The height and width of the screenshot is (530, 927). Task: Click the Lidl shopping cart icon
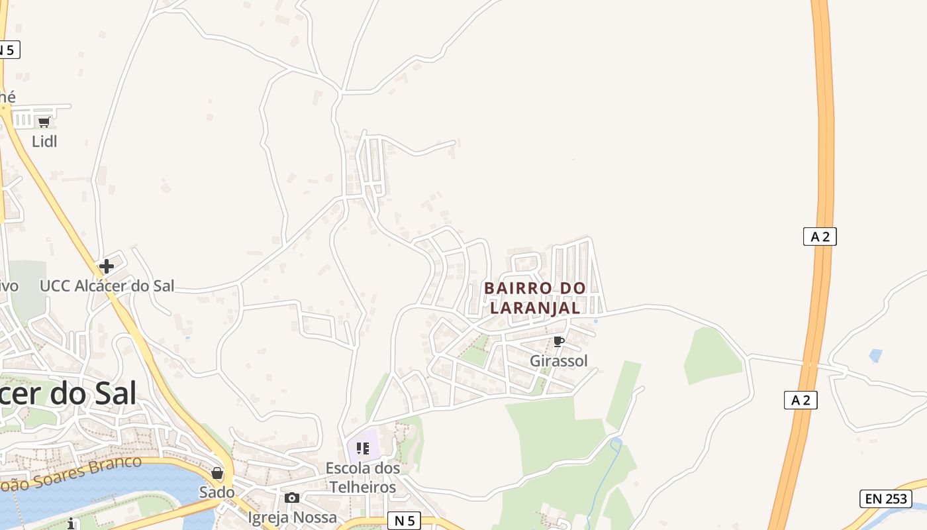click(x=44, y=122)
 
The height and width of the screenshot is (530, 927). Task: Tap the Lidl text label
click(x=44, y=141)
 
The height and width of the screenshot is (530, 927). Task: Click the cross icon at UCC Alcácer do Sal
click(x=106, y=266)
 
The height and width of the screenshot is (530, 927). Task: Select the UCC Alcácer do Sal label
click(x=107, y=286)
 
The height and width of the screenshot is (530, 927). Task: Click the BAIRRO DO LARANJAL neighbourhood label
click(x=535, y=298)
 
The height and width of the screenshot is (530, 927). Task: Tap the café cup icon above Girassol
click(x=558, y=342)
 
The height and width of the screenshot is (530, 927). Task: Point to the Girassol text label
click(x=558, y=361)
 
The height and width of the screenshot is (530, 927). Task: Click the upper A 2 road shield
click(x=820, y=237)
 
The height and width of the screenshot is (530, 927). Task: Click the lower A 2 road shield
click(x=801, y=399)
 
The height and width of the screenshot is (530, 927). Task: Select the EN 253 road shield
click(x=885, y=499)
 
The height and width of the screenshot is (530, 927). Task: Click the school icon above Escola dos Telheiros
click(x=362, y=449)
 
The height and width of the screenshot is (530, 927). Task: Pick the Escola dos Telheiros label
click(x=362, y=478)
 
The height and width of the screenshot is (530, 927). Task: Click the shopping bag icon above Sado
click(x=217, y=473)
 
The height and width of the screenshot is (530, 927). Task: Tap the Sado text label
click(x=217, y=492)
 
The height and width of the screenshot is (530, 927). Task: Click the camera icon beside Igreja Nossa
click(x=292, y=498)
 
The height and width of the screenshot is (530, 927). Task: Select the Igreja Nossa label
click(x=292, y=517)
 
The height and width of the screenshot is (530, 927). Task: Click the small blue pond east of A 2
click(x=875, y=356)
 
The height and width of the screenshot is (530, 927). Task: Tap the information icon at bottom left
click(x=72, y=524)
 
